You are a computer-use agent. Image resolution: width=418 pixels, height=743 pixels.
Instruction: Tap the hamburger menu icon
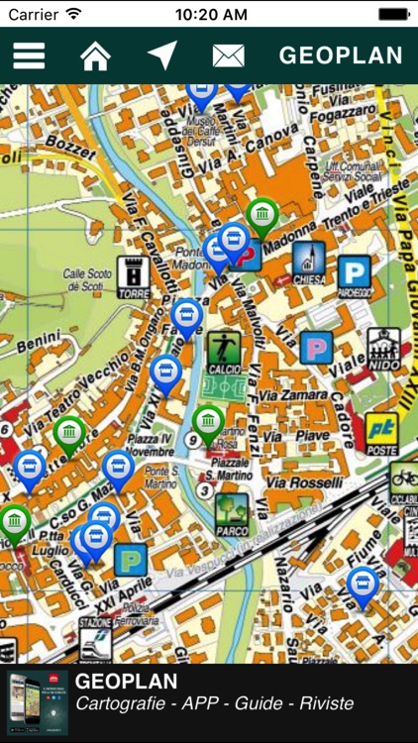(x=29, y=55)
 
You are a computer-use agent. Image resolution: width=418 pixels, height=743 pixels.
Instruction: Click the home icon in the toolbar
(x=95, y=55)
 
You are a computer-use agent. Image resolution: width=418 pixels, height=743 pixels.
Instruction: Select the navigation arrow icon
(x=161, y=55)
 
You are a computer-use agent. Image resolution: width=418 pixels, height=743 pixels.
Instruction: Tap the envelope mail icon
(x=228, y=55)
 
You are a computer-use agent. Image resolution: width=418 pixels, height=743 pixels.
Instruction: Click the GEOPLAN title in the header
(x=341, y=55)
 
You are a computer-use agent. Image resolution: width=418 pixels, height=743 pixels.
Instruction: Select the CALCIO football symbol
(x=223, y=351)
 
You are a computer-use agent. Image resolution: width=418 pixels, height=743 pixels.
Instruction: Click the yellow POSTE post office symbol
(x=382, y=432)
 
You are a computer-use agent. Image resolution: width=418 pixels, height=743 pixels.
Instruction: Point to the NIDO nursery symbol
(x=384, y=349)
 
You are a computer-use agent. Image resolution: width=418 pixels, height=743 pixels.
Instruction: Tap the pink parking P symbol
(x=316, y=348)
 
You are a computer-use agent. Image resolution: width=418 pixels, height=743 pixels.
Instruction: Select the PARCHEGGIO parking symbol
(x=354, y=273)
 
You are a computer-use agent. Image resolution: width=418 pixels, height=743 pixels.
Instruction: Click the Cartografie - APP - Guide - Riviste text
(x=214, y=704)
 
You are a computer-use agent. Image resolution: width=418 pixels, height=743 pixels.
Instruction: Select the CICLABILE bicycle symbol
(x=404, y=479)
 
